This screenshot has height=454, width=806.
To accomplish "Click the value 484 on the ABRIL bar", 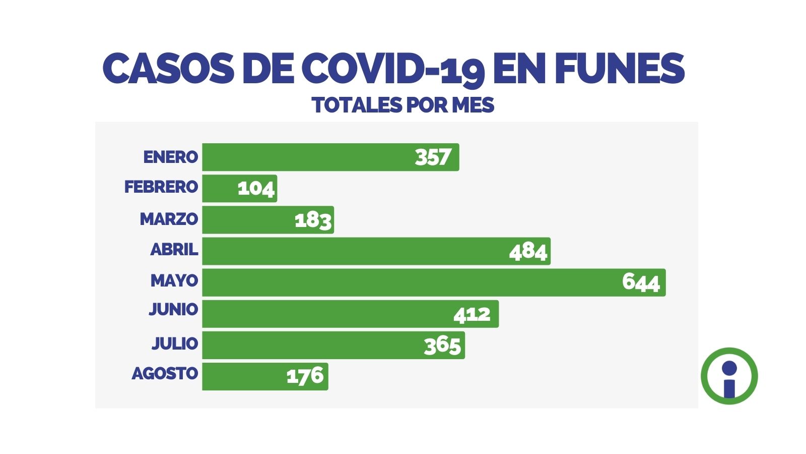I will [527, 251].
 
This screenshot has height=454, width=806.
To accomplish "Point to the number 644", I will [640, 282].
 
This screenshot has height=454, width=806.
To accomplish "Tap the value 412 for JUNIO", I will [472, 314].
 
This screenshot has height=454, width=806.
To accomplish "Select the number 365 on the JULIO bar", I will [442, 346].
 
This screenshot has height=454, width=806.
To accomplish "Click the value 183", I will [313, 220].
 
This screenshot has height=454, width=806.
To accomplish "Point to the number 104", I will [256, 189].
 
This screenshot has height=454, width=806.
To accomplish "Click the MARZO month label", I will [169, 219].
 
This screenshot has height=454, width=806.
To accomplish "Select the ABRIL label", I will [174, 249].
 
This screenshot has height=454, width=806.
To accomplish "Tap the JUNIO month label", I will [173, 309].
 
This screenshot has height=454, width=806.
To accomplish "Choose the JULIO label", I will [175, 343].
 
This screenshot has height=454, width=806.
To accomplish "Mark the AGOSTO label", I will [165, 373].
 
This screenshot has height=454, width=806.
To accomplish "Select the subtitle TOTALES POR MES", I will [403, 105].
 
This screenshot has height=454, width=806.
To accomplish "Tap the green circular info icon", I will [729, 376].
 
